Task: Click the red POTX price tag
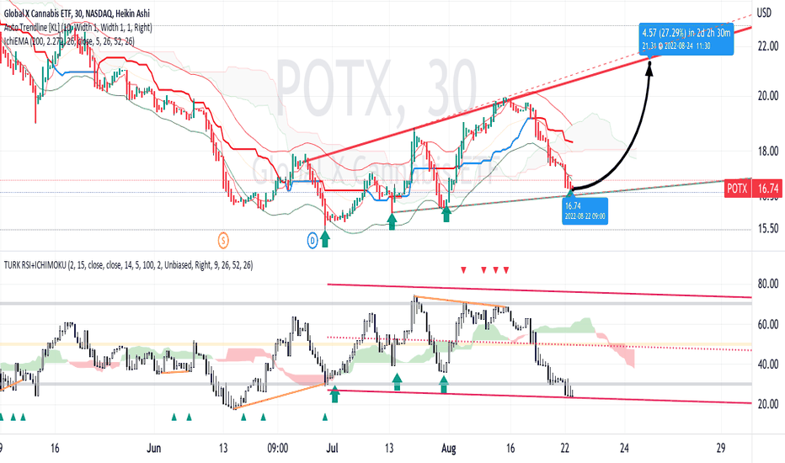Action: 737,190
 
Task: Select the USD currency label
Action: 765,13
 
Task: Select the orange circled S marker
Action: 223,240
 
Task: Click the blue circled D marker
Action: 312,241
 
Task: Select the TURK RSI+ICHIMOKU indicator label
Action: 126,264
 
